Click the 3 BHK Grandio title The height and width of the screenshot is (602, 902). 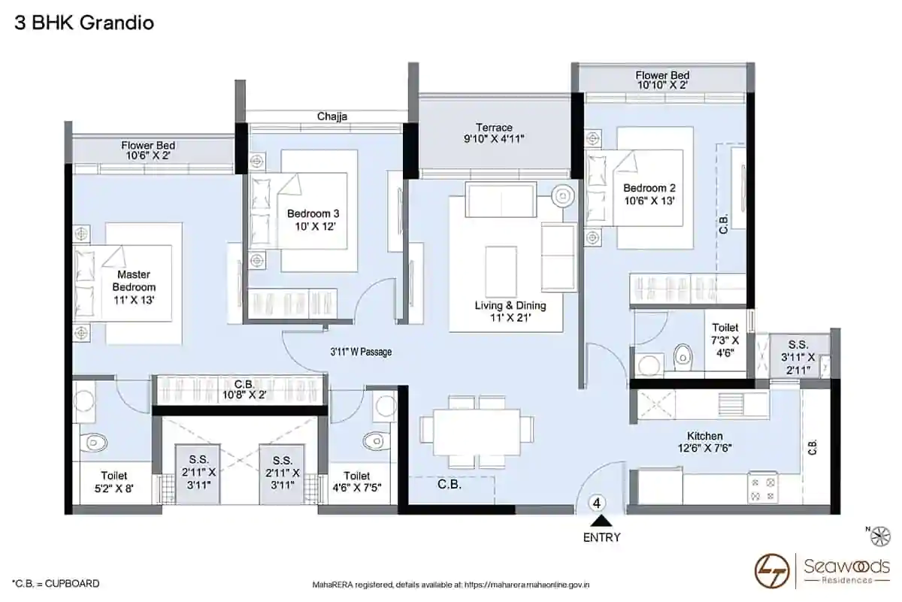[x=84, y=23]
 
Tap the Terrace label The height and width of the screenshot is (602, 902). [x=494, y=127]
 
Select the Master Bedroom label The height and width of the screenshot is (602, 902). [x=134, y=280]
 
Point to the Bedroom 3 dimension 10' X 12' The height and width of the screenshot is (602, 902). [x=315, y=227]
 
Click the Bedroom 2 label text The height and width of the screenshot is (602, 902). [x=649, y=188]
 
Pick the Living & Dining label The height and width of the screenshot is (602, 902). [x=510, y=305]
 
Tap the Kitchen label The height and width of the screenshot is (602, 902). [x=705, y=436]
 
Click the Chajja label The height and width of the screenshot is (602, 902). [x=331, y=116]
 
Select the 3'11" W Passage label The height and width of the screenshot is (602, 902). [x=361, y=352]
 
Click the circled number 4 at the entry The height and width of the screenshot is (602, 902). [x=597, y=503]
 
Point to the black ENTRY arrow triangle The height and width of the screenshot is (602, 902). [x=601, y=522]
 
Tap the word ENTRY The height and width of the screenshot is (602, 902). [x=601, y=537]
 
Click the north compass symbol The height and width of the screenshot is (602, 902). [x=880, y=537]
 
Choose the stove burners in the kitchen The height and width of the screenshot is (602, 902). [x=763, y=489]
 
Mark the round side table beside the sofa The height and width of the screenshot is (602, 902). [x=562, y=196]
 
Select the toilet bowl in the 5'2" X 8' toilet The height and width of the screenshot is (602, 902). [x=93, y=443]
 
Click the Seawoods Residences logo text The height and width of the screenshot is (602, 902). [x=847, y=571]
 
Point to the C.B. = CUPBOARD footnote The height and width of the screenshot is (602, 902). [x=56, y=583]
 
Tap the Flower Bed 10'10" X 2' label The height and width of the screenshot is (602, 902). [x=662, y=80]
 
